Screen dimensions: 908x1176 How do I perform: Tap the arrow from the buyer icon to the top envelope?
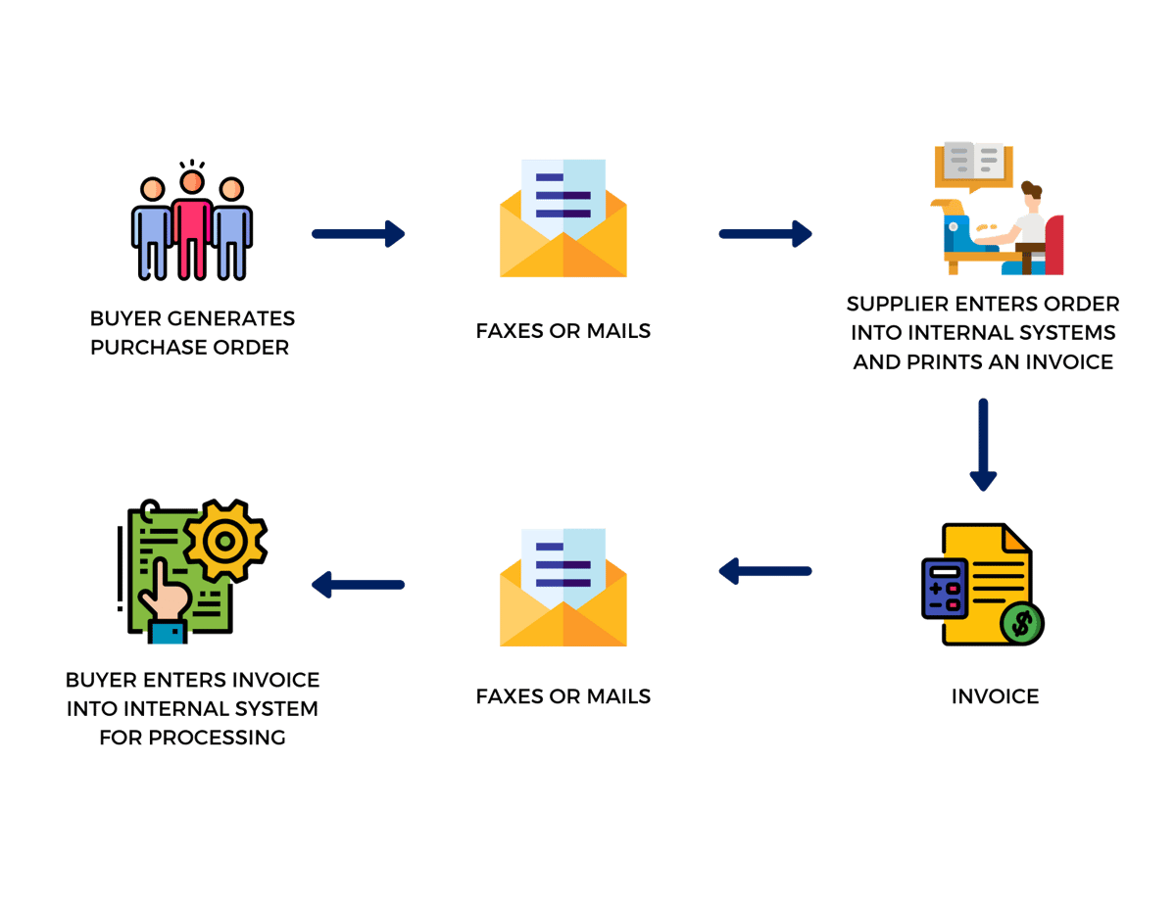(x=358, y=233)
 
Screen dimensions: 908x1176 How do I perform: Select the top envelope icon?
(x=563, y=220)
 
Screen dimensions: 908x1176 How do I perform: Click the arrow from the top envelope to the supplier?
(x=765, y=233)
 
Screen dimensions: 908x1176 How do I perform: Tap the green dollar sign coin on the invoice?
(x=1022, y=623)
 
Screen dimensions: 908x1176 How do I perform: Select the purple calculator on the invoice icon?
(x=944, y=589)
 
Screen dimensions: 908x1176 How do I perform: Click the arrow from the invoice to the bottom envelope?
(x=765, y=570)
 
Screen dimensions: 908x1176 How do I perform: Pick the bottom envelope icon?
(x=563, y=590)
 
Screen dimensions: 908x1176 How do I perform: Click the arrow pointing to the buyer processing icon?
(x=358, y=585)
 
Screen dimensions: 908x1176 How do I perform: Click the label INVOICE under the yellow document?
(x=995, y=697)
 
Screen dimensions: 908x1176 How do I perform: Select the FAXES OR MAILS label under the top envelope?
(x=563, y=331)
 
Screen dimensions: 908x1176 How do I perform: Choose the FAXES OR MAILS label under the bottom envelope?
(x=563, y=696)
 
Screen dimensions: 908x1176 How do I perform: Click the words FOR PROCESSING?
(x=193, y=737)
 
